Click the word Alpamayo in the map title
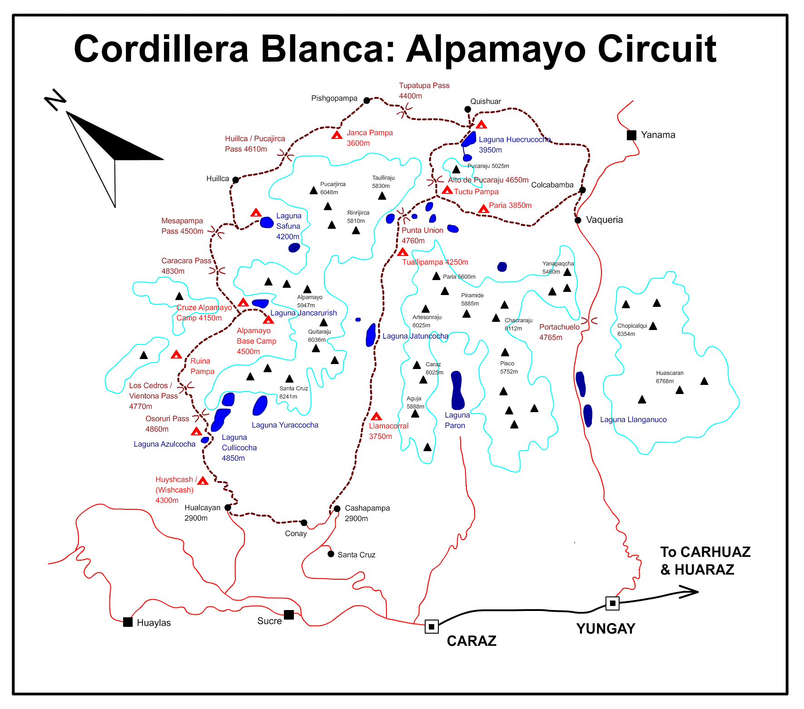[496, 50]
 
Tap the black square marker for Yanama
[631, 135]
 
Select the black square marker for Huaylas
[128, 622]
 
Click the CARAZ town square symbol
[432, 627]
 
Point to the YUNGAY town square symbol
[612, 603]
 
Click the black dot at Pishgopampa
[367, 100]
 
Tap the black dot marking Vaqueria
[578, 220]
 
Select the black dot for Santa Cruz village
[331, 554]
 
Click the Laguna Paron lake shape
[457, 390]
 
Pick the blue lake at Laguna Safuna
[267, 222]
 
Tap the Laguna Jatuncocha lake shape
[371, 335]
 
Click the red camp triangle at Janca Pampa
[337, 135]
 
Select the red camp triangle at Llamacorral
[376, 416]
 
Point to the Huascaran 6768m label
[669, 377]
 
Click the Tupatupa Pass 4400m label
[424, 91]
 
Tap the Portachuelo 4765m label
[559, 332]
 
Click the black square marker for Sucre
[289, 615]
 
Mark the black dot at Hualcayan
[228, 507]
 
